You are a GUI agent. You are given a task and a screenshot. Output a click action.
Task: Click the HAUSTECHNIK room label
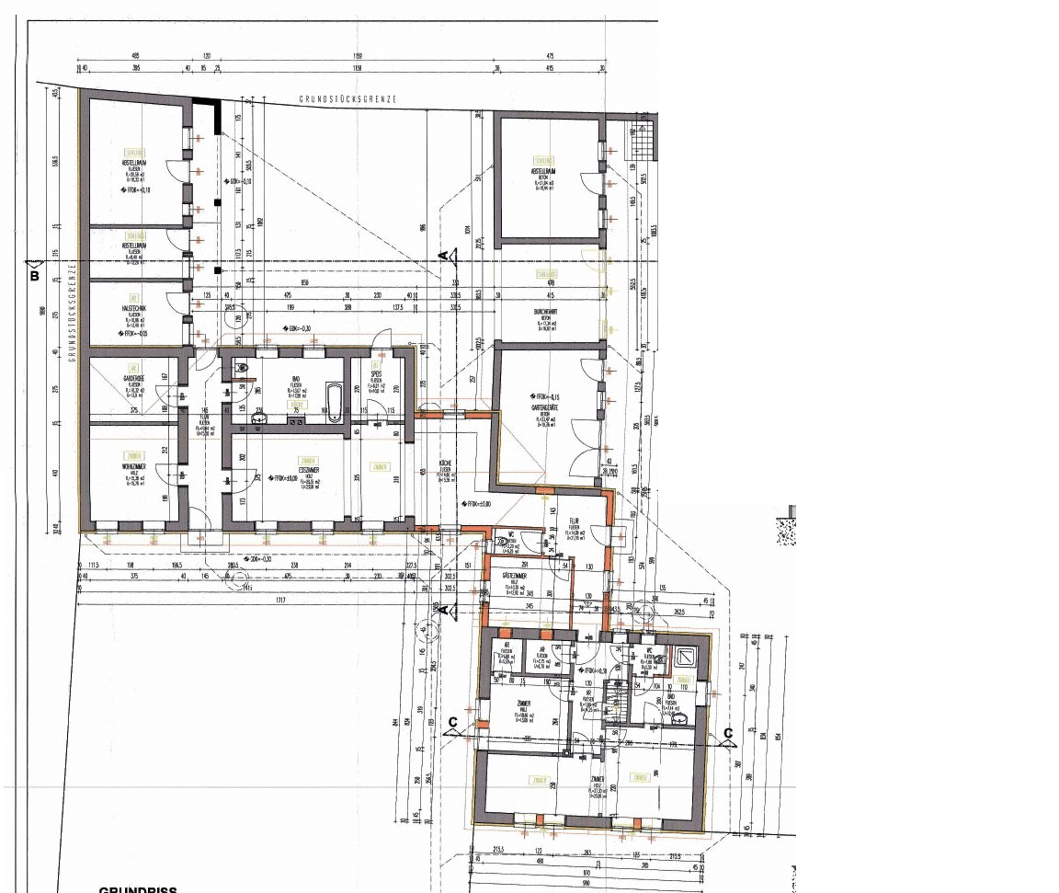point(134,308)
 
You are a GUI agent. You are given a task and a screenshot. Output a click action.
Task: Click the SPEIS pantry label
point(376,375)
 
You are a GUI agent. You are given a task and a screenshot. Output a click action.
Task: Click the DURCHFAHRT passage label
point(546,312)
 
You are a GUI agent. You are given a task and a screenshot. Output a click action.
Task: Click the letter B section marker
point(35,274)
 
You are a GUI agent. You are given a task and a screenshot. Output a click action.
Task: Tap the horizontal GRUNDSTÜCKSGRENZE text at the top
point(347,99)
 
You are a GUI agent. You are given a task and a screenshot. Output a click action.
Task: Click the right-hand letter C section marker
point(727,733)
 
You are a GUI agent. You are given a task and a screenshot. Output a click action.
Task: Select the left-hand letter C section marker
point(452,722)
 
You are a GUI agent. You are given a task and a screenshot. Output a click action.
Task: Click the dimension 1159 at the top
point(357,55)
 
